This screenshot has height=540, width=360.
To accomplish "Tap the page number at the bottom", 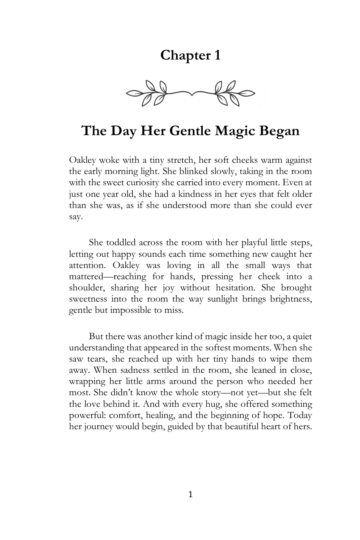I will click(190, 495).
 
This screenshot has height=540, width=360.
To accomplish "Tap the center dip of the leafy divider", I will click(191, 94).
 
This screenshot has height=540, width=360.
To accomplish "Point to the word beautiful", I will click(243, 426).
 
